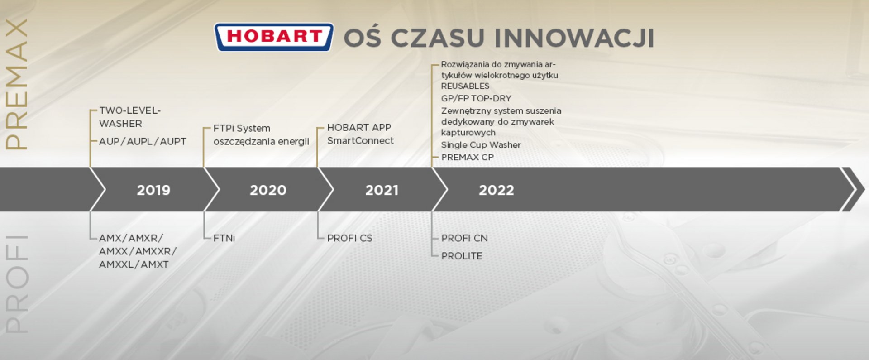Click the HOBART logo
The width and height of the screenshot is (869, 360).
point(274,37)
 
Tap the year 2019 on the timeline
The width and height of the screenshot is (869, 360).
point(153,190)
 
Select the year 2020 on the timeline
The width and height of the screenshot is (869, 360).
point(268,190)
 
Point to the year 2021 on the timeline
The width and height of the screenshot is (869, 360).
point(382,190)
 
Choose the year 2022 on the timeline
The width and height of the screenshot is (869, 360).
point(497,190)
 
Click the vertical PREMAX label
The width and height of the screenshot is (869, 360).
point(17,84)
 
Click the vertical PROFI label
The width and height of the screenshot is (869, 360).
point(17,284)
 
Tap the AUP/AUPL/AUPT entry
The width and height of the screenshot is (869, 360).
point(143,141)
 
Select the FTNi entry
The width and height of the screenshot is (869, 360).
point(224,238)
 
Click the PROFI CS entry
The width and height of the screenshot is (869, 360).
point(349,238)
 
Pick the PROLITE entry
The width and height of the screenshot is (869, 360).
point(462,256)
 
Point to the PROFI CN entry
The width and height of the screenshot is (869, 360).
point(464,238)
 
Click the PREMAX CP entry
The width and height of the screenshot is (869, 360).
point(468,157)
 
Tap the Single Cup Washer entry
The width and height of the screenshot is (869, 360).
point(481,145)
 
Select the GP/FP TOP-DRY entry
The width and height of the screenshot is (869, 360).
point(476,98)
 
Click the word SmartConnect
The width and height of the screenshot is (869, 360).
point(360,140)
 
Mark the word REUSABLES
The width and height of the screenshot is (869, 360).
point(465,86)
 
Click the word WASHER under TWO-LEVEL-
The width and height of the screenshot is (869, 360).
point(120,123)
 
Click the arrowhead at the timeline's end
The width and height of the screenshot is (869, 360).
point(853,189)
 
